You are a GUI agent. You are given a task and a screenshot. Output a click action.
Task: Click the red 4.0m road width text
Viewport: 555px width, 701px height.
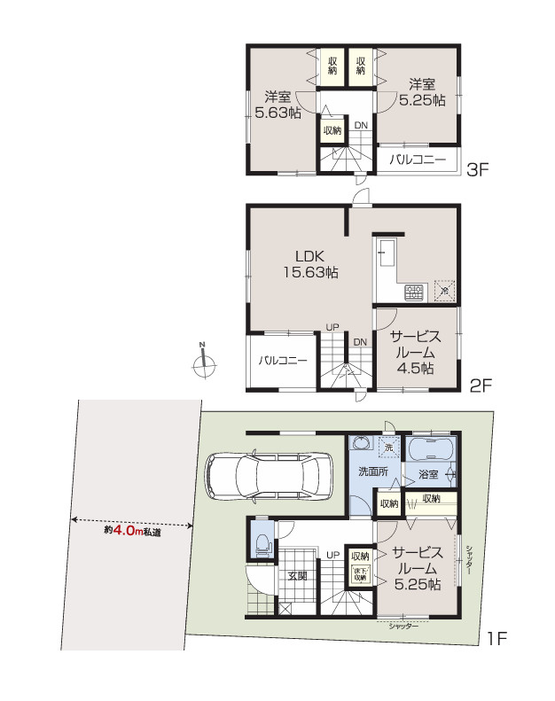(x=123, y=533)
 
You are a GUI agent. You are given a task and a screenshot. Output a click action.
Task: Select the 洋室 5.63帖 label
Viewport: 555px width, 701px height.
(x=277, y=105)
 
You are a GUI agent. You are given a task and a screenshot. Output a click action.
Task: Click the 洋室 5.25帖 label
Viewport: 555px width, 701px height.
(x=421, y=93)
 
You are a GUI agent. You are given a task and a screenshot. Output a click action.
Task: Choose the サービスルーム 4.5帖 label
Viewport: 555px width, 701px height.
(x=415, y=351)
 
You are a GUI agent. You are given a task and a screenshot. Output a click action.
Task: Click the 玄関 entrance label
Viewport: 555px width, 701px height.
(x=296, y=575)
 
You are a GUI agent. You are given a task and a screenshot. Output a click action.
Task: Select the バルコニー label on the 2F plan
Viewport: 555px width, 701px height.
(x=282, y=361)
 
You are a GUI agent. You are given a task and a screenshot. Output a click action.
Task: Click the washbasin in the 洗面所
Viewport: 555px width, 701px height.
(x=361, y=443)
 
